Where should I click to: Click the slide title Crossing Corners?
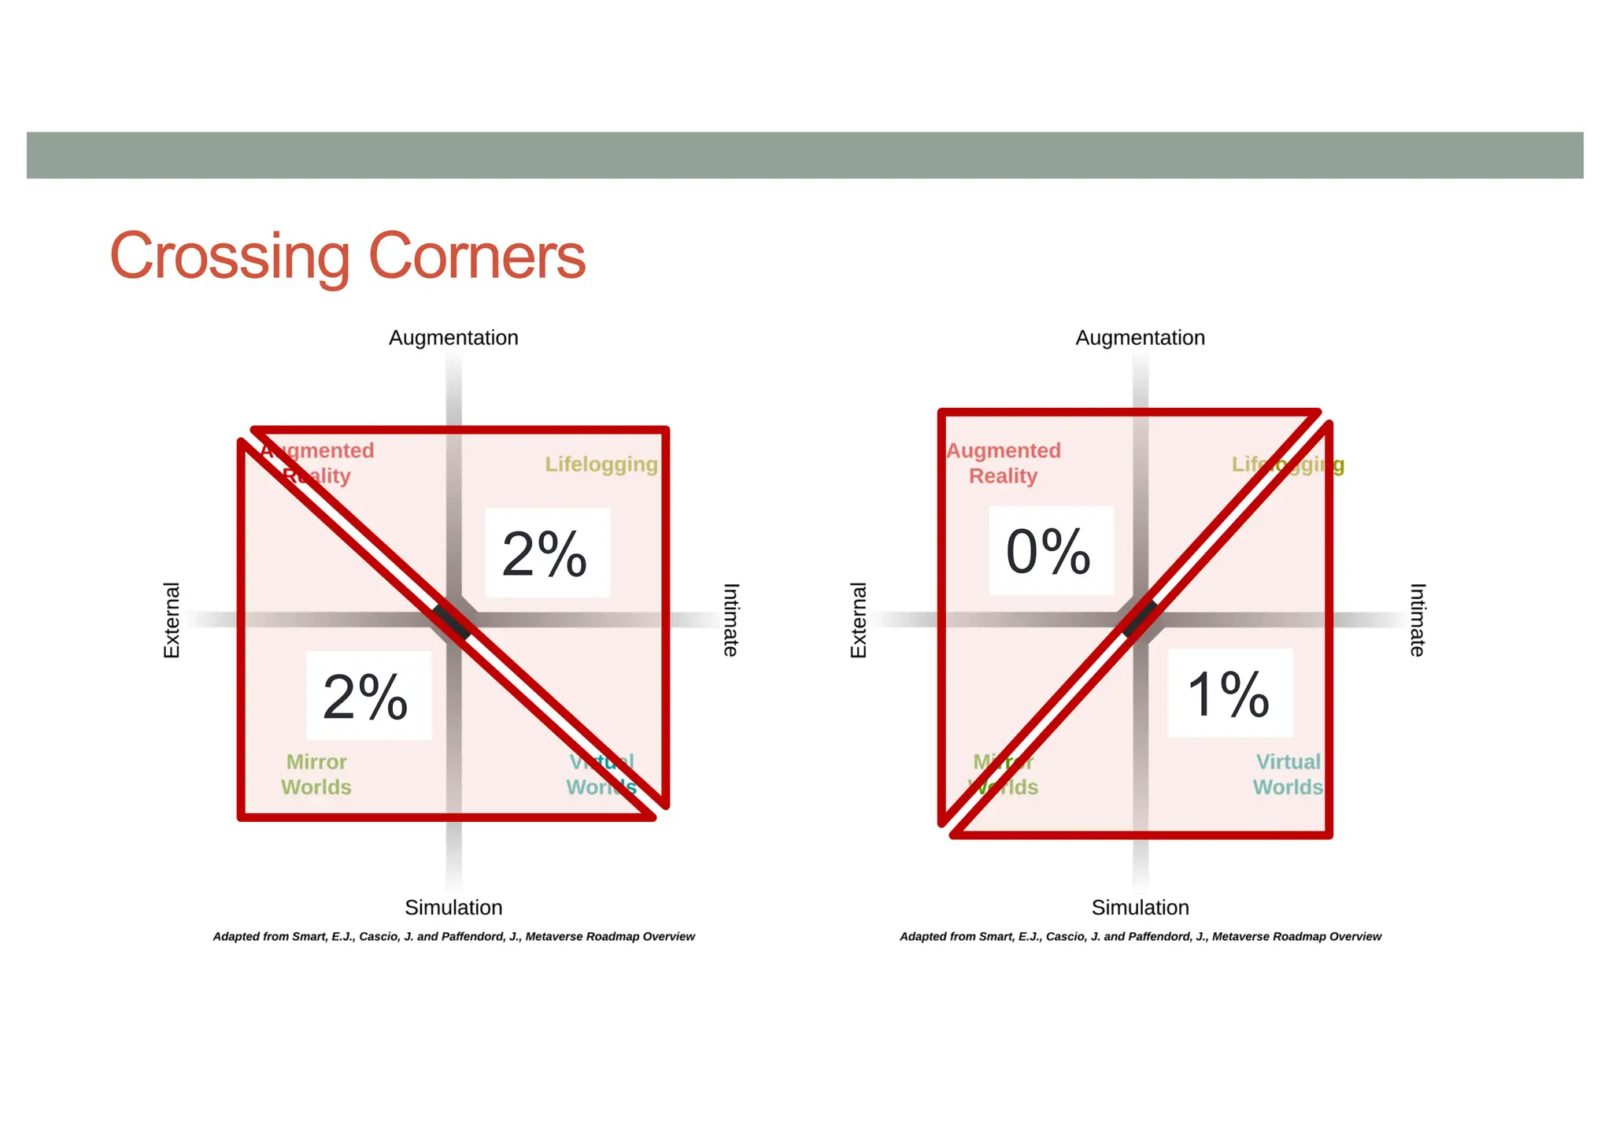coord(347,256)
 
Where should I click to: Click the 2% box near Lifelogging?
coord(547,553)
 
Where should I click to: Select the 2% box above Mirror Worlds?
coord(368,696)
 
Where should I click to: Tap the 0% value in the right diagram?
coord(1050,550)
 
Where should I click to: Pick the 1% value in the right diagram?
coord(1229,694)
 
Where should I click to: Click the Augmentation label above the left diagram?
coord(453,338)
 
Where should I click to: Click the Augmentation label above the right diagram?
coord(1140,338)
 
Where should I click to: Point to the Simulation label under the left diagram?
coord(453,907)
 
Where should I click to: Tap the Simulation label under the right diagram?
coord(1140,907)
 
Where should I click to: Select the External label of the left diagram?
coord(172,620)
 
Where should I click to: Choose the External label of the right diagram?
coord(858,620)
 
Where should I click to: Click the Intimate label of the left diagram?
coord(731,620)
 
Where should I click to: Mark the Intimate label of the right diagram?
coord(1418,620)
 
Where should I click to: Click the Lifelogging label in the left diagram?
coord(601,465)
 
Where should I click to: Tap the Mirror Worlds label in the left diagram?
coord(316,775)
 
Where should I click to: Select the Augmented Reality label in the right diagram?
coord(1004,463)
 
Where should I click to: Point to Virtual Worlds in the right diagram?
coord(1288,775)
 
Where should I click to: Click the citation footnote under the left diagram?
coord(453,937)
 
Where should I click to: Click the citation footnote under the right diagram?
coord(1140,937)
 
